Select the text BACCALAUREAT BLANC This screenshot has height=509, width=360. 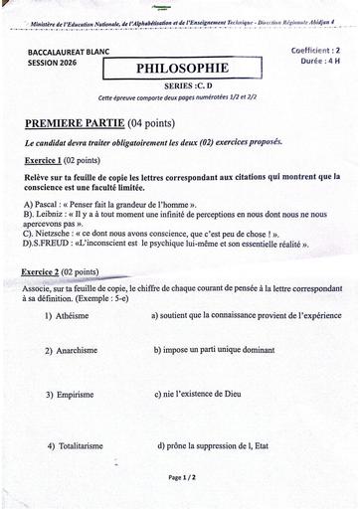pyautogui.click(x=69, y=51)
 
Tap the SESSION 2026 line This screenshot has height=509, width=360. pyautogui.click(x=56, y=62)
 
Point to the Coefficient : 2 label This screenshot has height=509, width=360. pyautogui.click(x=315, y=49)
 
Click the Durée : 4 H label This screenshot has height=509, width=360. pyautogui.click(x=319, y=61)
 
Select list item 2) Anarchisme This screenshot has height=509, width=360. pyautogui.click(x=70, y=351)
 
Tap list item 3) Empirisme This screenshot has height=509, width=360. pyautogui.click(x=68, y=395)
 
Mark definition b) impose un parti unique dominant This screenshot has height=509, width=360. pyautogui.click(x=214, y=350)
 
